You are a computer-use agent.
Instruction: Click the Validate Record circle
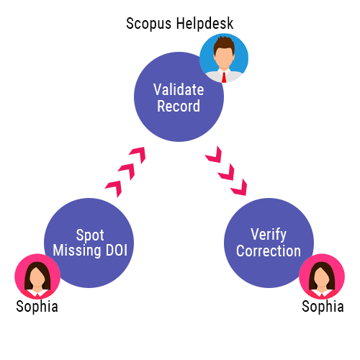pos(178,99)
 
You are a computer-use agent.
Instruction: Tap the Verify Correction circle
pos(269,243)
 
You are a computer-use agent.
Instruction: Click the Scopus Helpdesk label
pos(179,24)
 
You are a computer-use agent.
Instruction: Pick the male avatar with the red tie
pos(223,58)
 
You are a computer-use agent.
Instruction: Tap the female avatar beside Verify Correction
pos(322,276)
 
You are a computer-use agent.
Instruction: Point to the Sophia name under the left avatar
pos(37,307)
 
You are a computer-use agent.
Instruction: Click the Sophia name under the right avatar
pos(323,307)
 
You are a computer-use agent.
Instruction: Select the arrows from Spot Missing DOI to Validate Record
pos(125,171)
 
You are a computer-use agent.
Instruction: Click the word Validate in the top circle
pos(179,90)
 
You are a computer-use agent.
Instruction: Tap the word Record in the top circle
pos(179,107)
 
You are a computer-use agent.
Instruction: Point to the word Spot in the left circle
pos(89,235)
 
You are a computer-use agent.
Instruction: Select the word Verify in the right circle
pos(269,235)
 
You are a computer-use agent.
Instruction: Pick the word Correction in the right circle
pos(269,251)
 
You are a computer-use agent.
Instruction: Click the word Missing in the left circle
pos(78,251)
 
